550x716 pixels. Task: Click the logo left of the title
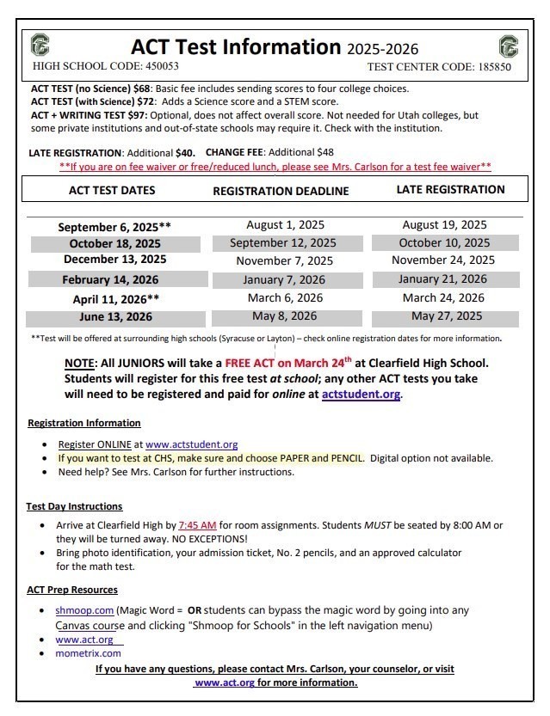click(x=40, y=46)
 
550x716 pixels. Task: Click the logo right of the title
click(x=508, y=46)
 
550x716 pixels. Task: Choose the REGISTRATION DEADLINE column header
click(x=281, y=191)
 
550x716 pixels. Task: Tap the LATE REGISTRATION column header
click(x=450, y=189)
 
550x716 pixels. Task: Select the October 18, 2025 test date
click(x=114, y=243)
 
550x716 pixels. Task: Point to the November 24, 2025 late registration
click(x=443, y=260)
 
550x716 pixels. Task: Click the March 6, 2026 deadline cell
click(x=285, y=297)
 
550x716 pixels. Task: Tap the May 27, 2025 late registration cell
click(x=443, y=316)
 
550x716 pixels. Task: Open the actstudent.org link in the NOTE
click(x=361, y=395)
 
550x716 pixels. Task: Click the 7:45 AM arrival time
click(x=198, y=524)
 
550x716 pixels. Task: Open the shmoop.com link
click(x=84, y=609)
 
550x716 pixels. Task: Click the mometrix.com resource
click(x=88, y=653)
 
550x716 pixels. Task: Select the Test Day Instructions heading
click(x=74, y=506)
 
